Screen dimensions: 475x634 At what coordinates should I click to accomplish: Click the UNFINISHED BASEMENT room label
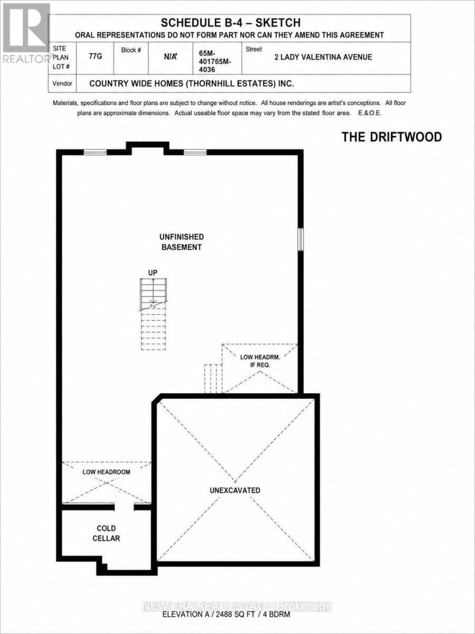point(182,242)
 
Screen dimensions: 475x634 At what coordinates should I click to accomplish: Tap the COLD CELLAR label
point(106,533)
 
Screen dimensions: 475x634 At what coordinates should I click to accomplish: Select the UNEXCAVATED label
point(235,490)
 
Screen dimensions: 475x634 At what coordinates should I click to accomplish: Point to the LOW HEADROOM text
point(106,472)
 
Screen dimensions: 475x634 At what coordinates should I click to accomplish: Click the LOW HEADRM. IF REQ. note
point(260,361)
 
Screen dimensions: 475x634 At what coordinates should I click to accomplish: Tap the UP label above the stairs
point(153,273)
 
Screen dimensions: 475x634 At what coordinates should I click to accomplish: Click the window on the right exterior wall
point(300,239)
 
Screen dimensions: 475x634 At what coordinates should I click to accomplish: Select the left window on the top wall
point(95,152)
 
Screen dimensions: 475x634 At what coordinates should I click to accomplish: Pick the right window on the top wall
point(195,152)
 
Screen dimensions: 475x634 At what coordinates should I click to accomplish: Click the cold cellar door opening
point(125,507)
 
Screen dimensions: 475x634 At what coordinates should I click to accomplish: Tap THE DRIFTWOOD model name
point(392,137)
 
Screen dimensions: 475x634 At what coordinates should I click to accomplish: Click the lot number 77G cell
point(96,56)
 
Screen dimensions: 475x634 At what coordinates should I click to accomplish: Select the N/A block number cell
point(170,57)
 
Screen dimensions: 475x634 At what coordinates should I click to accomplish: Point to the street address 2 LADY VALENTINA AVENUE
point(323,57)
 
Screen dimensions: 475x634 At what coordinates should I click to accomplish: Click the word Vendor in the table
point(62,83)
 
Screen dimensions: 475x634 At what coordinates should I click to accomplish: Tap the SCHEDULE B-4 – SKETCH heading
point(231,23)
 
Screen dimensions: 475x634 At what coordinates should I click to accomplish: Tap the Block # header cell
point(131,50)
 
